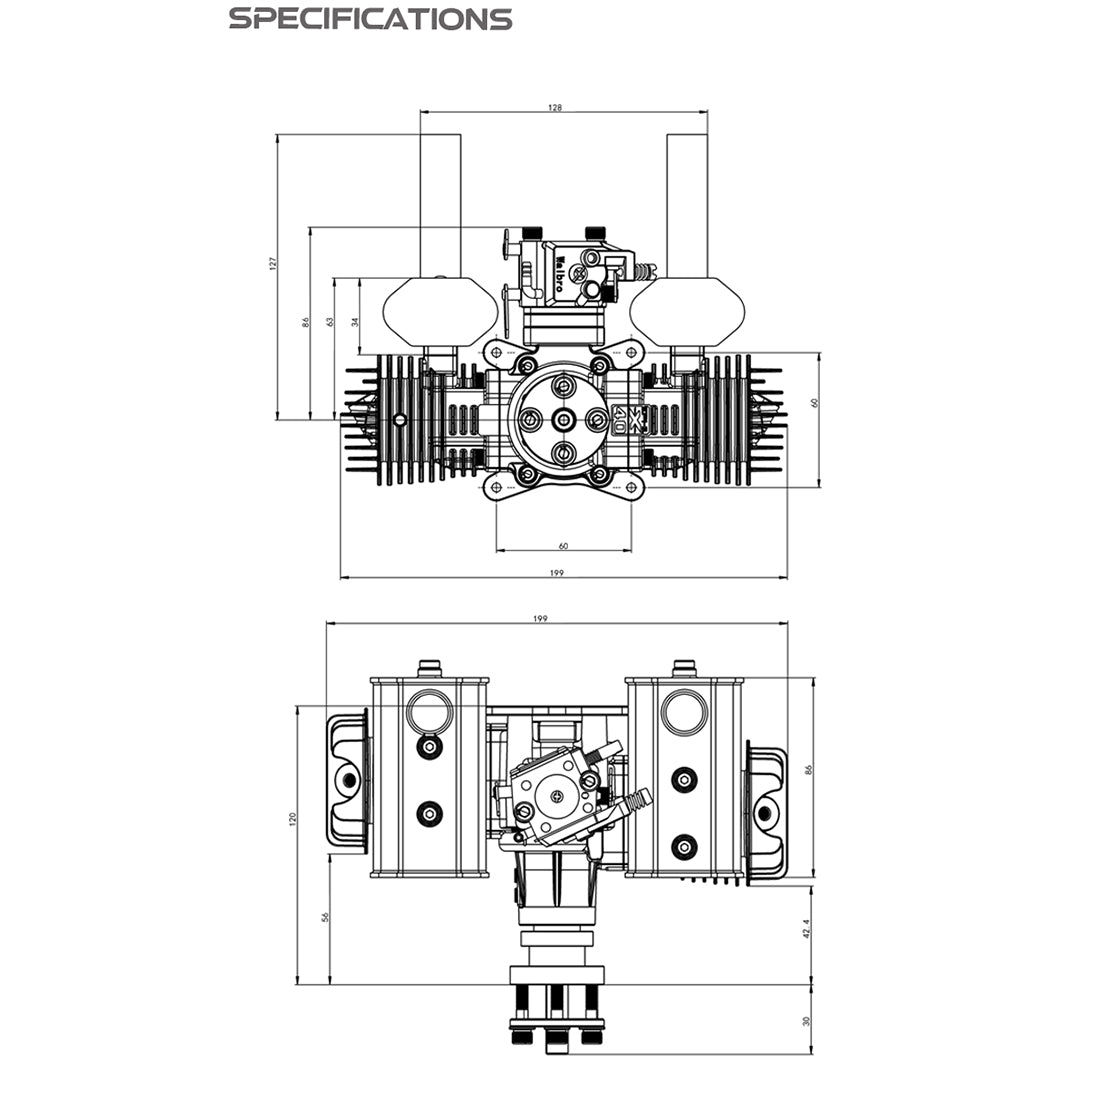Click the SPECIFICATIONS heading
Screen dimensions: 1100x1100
coord(370,19)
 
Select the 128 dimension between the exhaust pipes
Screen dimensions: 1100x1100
coord(555,106)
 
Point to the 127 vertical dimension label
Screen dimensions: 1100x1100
coord(272,263)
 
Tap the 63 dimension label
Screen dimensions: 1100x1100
coord(329,321)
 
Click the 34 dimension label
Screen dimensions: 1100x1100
coord(354,321)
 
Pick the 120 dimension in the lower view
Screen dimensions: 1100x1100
coord(292,817)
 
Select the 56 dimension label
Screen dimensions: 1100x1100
coord(325,917)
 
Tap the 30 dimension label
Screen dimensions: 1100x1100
coord(807,1022)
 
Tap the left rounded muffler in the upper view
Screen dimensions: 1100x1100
coord(441,311)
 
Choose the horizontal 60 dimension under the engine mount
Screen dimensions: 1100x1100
coord(563,546)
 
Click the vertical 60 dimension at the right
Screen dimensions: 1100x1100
coord(814,402)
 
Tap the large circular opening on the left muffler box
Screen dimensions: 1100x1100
coord(431,712)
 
